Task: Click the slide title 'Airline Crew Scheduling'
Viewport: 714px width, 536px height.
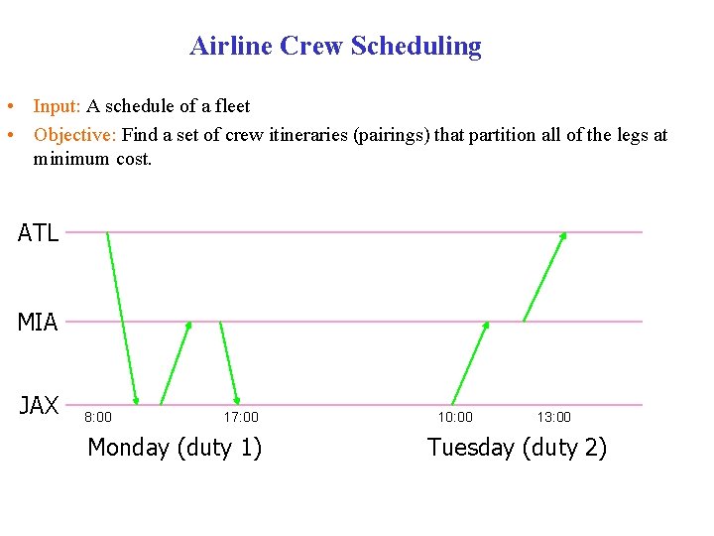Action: click(335, 46)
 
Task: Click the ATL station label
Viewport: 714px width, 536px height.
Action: click(39, 233)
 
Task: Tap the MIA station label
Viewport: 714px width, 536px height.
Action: click(38, 322)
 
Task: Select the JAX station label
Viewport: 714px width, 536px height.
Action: click(39, 405)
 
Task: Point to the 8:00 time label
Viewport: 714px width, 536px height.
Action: click(97, 417)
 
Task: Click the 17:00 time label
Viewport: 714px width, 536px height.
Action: click(241, 417)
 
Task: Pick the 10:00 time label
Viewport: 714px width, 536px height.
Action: click(455, 417)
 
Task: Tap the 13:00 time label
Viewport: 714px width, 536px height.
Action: click(554, 417)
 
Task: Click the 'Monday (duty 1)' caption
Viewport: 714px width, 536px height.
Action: click(175, 448)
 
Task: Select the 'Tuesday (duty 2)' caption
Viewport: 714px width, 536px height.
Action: click(517, 448)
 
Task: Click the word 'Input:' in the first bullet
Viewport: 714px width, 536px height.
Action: click(58, 106)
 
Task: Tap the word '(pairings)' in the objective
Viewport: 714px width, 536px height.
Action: click(395, 135)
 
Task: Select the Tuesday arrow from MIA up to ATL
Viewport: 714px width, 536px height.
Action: click(544, 277)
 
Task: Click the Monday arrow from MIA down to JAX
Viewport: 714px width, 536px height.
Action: click(229, 362)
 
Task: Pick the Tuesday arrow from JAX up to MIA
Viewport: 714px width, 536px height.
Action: click(470, 363)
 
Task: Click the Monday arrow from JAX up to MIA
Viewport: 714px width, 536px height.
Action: click(176, 363)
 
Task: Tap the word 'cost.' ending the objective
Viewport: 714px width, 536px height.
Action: click(134, 159)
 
